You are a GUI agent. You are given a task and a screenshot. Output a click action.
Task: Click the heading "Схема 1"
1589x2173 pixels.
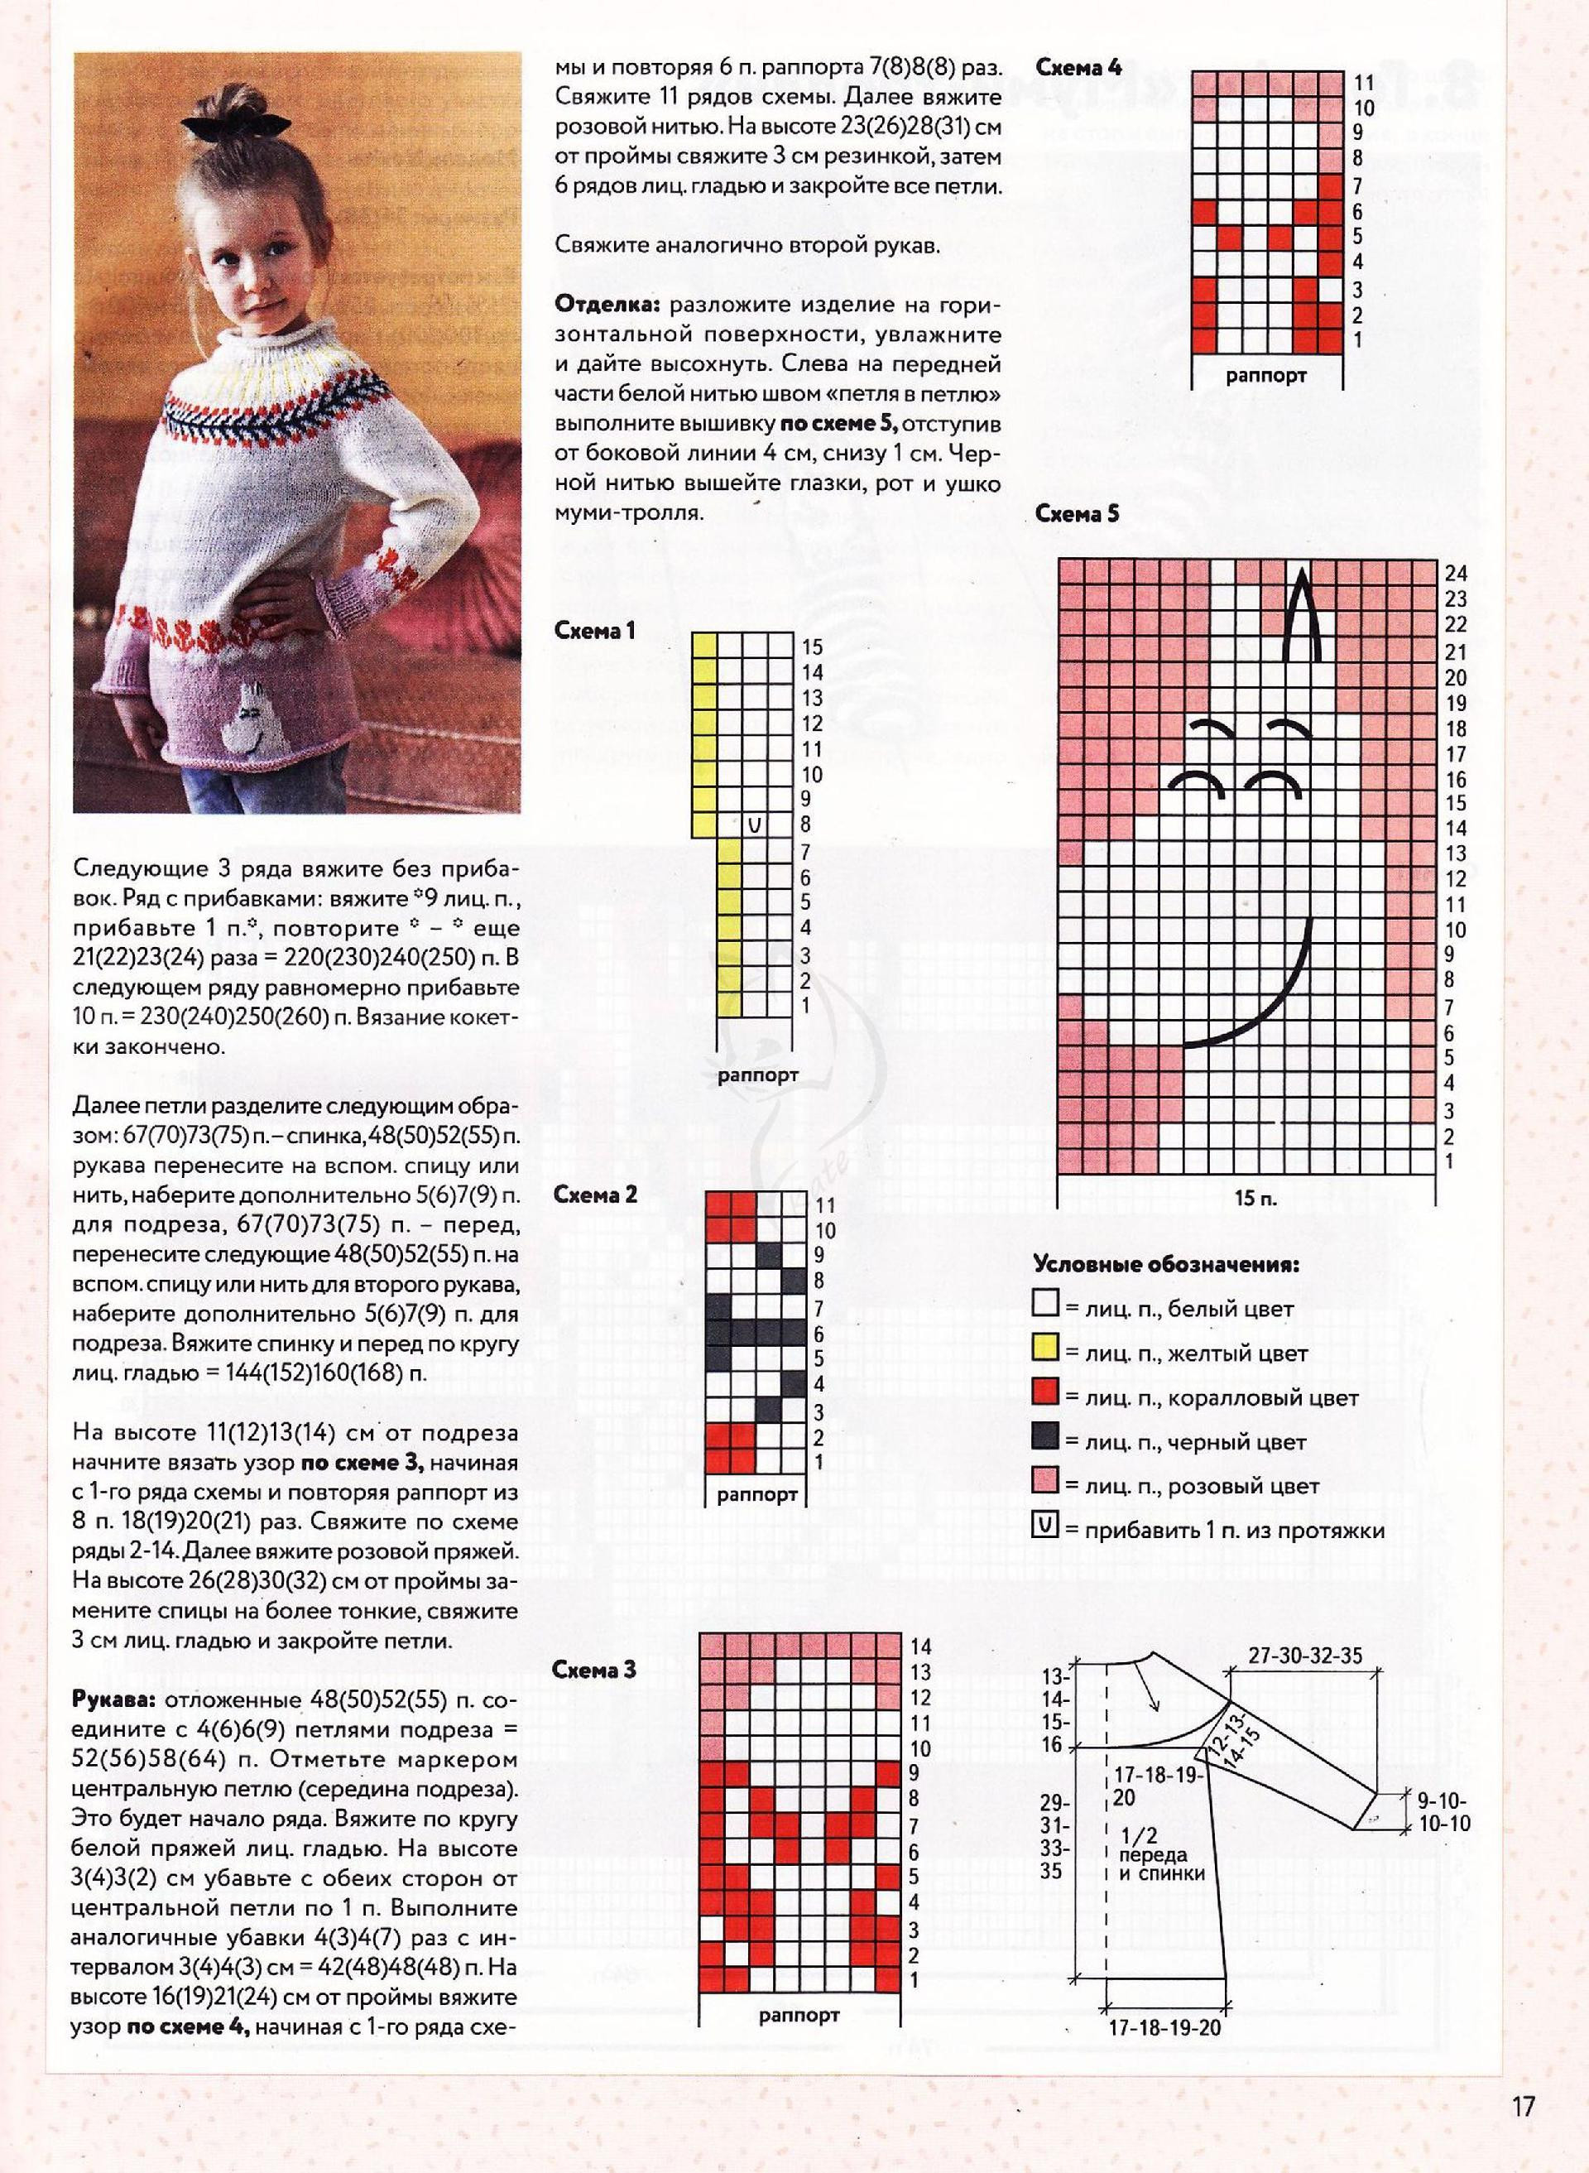pos(593,631)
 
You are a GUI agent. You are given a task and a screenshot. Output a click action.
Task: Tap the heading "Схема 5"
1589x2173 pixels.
pos(1078,514)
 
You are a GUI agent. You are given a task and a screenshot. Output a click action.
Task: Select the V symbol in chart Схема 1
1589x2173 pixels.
pos(754,824)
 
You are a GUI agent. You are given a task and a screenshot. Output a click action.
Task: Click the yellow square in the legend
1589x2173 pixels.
pos(1044,1352)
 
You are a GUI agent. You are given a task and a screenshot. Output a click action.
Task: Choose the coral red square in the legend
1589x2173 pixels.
pos(1044,1396)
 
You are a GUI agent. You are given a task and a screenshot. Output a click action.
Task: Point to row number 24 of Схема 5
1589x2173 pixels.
pos(1455,574)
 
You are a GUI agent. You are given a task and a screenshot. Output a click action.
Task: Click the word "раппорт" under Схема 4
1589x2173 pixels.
pos(1265,375)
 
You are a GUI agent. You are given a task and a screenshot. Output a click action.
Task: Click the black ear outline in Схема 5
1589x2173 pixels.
pos(1300,616)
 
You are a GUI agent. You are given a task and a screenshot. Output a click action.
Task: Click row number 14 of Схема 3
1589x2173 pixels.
pos(920,1647)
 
